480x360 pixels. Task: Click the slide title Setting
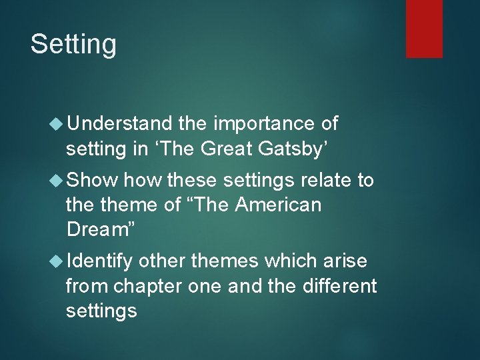click(x=73, y=45)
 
